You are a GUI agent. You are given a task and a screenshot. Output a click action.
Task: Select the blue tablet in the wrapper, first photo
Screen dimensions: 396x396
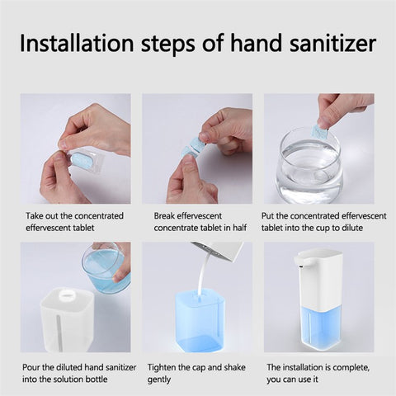point(82,158)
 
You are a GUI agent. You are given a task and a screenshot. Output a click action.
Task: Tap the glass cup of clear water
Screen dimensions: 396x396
point(309,169)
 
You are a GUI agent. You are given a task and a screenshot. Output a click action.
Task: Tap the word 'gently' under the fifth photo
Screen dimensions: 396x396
point(162,380)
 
